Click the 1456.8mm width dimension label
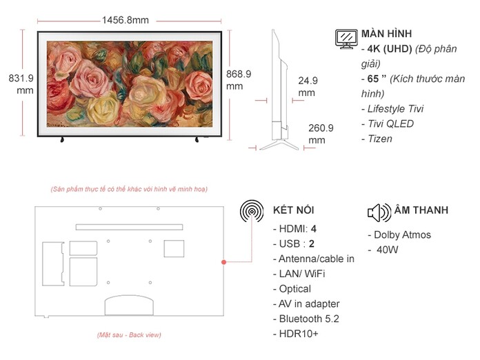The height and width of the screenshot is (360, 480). click(125, 20)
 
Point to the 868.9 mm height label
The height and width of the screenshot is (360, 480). click(238, 79)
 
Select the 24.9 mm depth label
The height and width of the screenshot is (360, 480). click(308, 86)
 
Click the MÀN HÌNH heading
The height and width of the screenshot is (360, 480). click(387, 34)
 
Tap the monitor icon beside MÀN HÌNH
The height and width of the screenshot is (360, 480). click(346, 39)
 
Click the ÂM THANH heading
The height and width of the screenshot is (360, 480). click(421, 210)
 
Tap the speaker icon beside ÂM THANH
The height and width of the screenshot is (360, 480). click(379, 211)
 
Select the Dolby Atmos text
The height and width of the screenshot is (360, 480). click(398, 234)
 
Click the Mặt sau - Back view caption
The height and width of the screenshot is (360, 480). click(129, 335)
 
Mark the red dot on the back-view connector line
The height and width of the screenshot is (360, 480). click(223, 262)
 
